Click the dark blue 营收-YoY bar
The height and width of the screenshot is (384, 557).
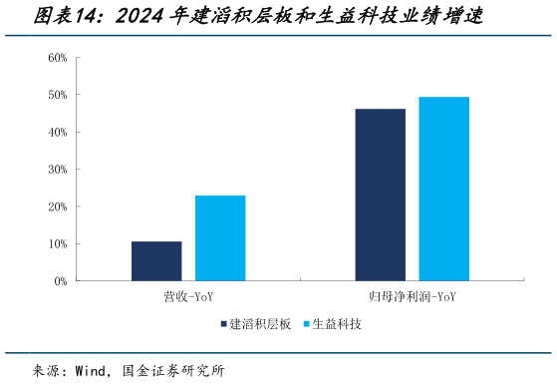click(x=156, y=261)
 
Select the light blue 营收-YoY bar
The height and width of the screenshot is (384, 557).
click(x=220, y=238)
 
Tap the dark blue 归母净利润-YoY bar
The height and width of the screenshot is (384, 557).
click(x=380, y=194)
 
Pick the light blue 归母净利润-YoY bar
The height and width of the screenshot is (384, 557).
click(x=443, y=189)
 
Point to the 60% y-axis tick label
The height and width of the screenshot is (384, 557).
click(x=57, y=57)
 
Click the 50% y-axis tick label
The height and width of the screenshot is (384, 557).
click(x=57, y=95)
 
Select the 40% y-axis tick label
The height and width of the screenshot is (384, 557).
click(x=57, y=132)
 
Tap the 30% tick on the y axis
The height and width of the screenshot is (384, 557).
click(x=57, y=170)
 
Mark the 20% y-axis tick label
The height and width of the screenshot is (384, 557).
click(x=57, y=206)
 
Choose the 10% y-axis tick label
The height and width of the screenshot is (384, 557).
click(x=57, y=244)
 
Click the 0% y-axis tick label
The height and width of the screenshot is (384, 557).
click(x=60, y=281)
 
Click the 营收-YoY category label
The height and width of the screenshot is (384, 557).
click(x=188, y=296)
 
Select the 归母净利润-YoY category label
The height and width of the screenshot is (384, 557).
click(x=412, y=296)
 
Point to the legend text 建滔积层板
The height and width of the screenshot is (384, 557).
click(x=260, y=324)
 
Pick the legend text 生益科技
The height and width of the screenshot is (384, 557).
click(x=337, y=324)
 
